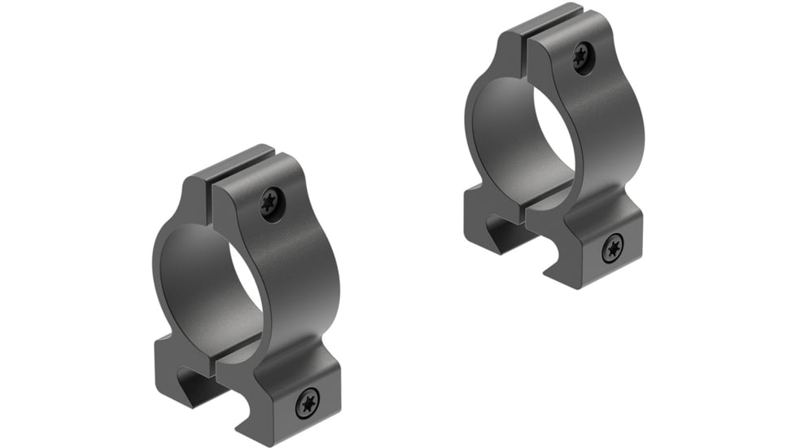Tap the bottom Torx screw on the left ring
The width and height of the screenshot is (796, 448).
[307, 402]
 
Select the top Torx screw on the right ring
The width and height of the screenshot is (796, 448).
[582, 56]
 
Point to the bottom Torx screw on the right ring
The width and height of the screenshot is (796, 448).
[612, 248]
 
